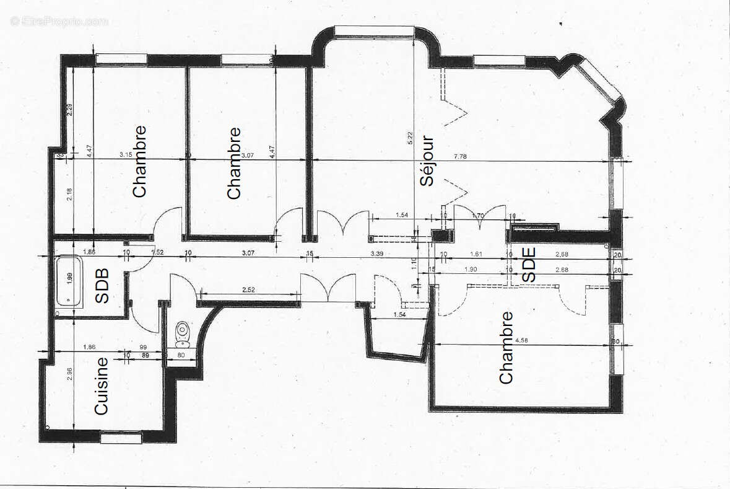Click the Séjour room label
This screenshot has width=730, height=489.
(x=427, y=161)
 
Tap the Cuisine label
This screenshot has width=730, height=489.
(x=102, y=385)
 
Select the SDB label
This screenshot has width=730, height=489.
(x=102, y=286)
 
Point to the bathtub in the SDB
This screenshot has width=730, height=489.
(x=70, y=283)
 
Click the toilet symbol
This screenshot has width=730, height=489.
(x=182, y=335)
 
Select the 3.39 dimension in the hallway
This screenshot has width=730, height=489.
(x=377, y=253)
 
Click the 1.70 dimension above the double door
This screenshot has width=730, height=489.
(x=477, y=216)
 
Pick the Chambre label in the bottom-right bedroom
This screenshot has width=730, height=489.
(x=506, y=348)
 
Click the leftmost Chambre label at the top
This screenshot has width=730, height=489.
(x=140, y=162)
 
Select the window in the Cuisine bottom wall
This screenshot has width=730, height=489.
(x=121, y=438)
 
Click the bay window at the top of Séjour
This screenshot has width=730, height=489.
(x=373, y=30)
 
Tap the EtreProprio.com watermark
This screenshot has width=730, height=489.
(x=59, y=21)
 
